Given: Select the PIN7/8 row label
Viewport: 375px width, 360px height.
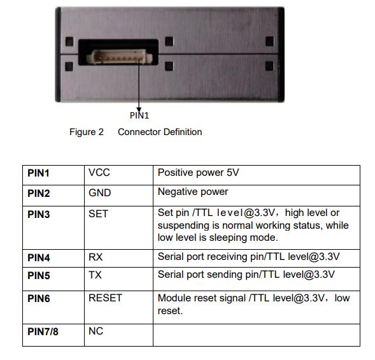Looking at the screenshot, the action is coord(43,332).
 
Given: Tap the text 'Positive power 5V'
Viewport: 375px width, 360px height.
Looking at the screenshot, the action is coord(198,173).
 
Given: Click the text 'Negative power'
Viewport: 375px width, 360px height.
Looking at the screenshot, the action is coord(193,192).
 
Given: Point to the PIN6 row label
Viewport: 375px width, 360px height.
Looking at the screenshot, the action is coord(38,298).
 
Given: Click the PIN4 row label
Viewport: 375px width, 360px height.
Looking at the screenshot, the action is coord(38,258).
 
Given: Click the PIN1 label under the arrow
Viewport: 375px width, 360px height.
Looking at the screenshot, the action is coord(139,115).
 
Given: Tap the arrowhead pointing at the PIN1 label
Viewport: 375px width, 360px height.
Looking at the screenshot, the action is coord(139,110).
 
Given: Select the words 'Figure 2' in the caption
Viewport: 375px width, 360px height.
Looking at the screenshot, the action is coord(87,132).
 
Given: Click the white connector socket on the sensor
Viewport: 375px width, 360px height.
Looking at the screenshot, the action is coord(119,57).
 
